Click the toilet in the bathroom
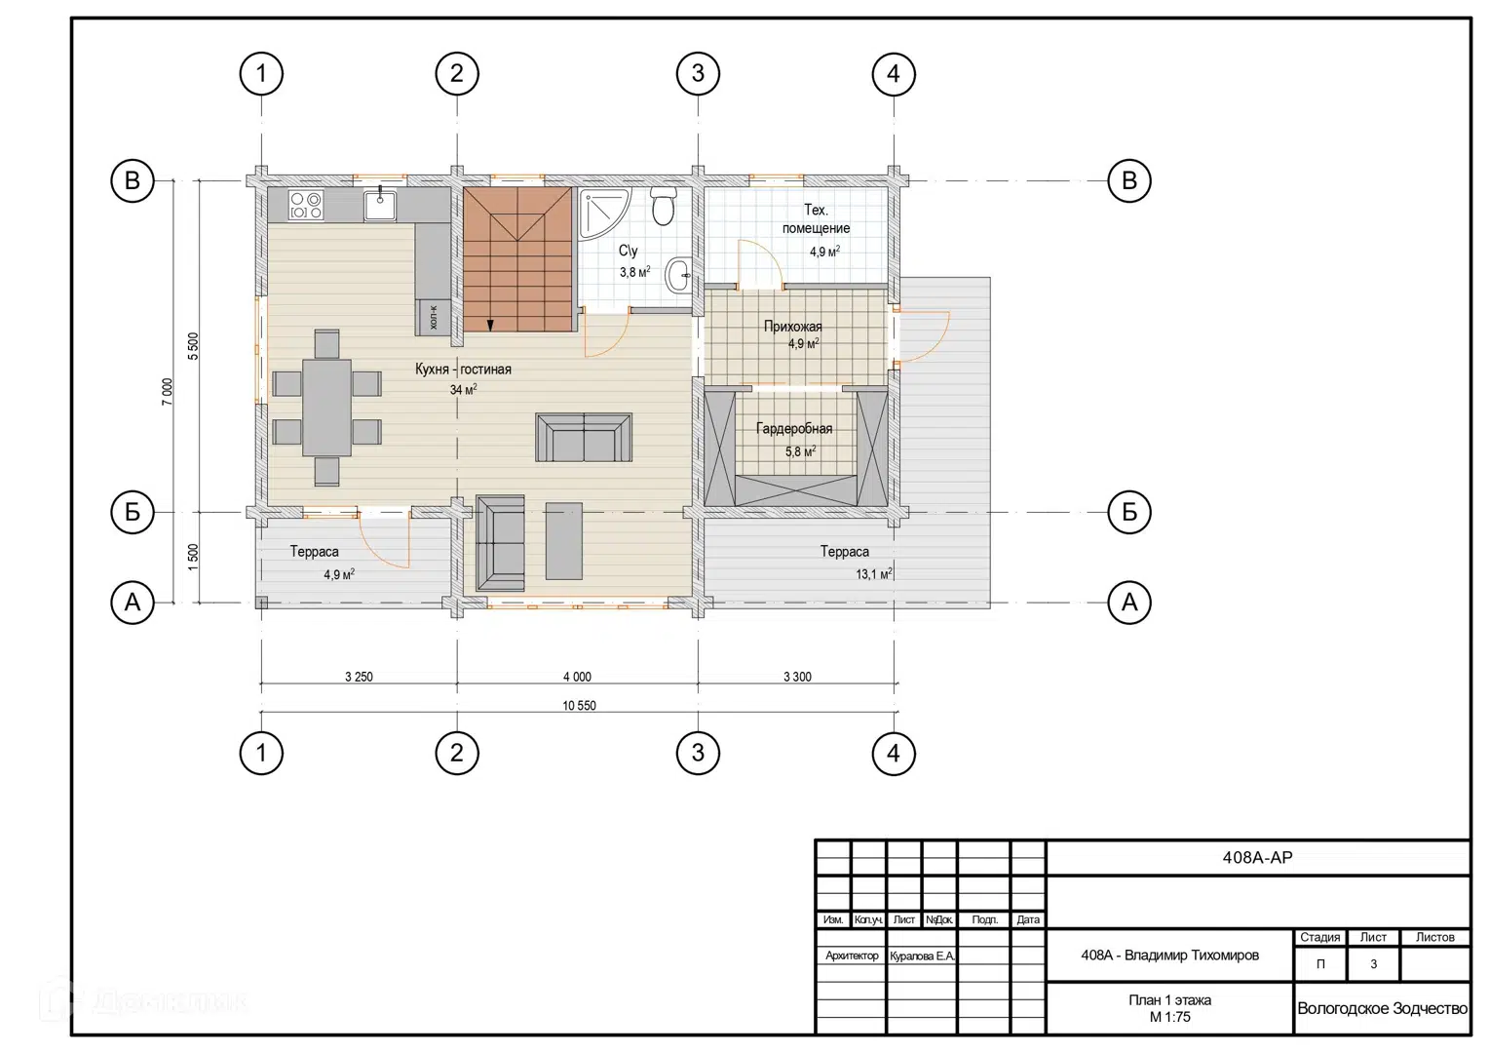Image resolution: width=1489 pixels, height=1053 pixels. coord(663,206)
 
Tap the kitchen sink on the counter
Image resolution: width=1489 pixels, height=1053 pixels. coord(380,205)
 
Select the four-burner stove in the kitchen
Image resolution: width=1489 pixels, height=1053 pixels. coord(306,205)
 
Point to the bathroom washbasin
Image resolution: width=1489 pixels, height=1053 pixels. coord(678,275)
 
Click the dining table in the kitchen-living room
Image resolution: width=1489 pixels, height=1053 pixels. coord(326,408)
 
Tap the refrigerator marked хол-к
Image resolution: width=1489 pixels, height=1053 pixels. coord(433,317)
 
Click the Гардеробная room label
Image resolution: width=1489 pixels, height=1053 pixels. coord(793,429)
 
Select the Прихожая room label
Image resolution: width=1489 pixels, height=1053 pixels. coord(792,327)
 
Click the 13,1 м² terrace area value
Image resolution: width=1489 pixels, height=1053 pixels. coord(873,573)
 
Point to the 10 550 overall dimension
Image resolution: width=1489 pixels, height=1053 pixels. coord(579,706)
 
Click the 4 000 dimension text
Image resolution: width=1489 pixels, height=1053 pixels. coord(577,678)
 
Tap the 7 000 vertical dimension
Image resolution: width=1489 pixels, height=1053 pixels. coord(167,392)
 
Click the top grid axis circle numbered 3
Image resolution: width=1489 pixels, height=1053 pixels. coord(698,73)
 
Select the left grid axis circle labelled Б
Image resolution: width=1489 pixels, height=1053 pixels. coord(133,512)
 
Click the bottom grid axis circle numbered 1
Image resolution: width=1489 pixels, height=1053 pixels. coord(261,753)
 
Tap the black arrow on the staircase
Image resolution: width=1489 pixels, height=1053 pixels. coord(490,325)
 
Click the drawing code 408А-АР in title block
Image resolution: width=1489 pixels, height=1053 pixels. coord(1258,857)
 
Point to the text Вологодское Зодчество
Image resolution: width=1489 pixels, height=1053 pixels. coord(1382,1008)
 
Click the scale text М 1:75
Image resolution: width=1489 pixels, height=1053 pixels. coord(1170,1017)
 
